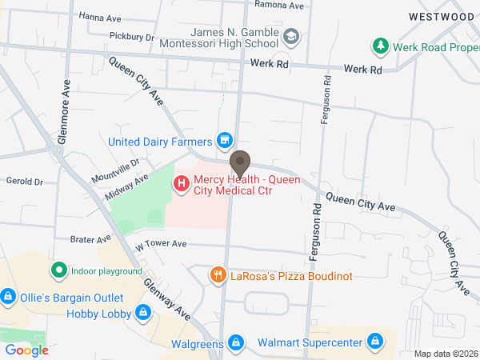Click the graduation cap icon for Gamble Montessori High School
point(292,36)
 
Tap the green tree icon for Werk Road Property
point(382,46)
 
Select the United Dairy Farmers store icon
point(225,142)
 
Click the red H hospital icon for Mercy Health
point(182,184)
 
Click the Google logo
point(26,350)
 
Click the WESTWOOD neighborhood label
point(441,16)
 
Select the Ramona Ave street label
point(279,5)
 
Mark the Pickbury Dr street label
point(131,36)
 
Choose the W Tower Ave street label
point(161,244)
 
